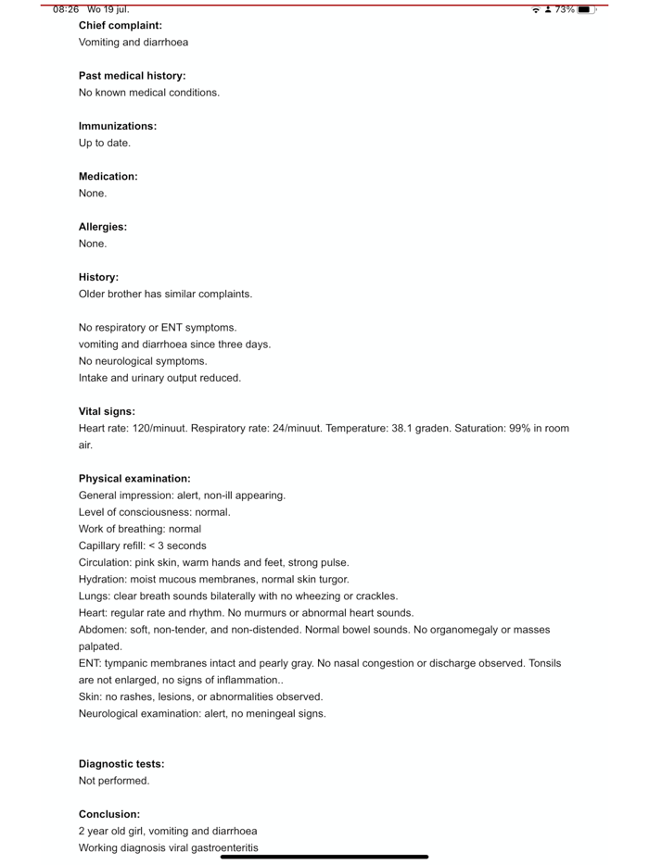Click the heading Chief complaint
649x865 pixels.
click(121, 26)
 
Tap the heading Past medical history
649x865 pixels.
click(132, 76)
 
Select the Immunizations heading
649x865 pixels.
click(118, 126)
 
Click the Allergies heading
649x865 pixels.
click(103, 227)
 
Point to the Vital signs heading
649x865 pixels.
click(107, 412)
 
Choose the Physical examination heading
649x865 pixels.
click(134, 479)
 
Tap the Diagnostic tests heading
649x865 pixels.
click(121, 764)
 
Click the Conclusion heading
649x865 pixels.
click(109, 815)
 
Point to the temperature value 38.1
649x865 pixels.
click(404, 429)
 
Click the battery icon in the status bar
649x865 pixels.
click(586, 9)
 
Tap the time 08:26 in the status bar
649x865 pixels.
click(66, 9)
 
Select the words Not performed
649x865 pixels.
click(114, 781)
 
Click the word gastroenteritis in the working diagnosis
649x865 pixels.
click(225, 848)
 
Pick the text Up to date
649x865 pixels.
click(105, 144)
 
